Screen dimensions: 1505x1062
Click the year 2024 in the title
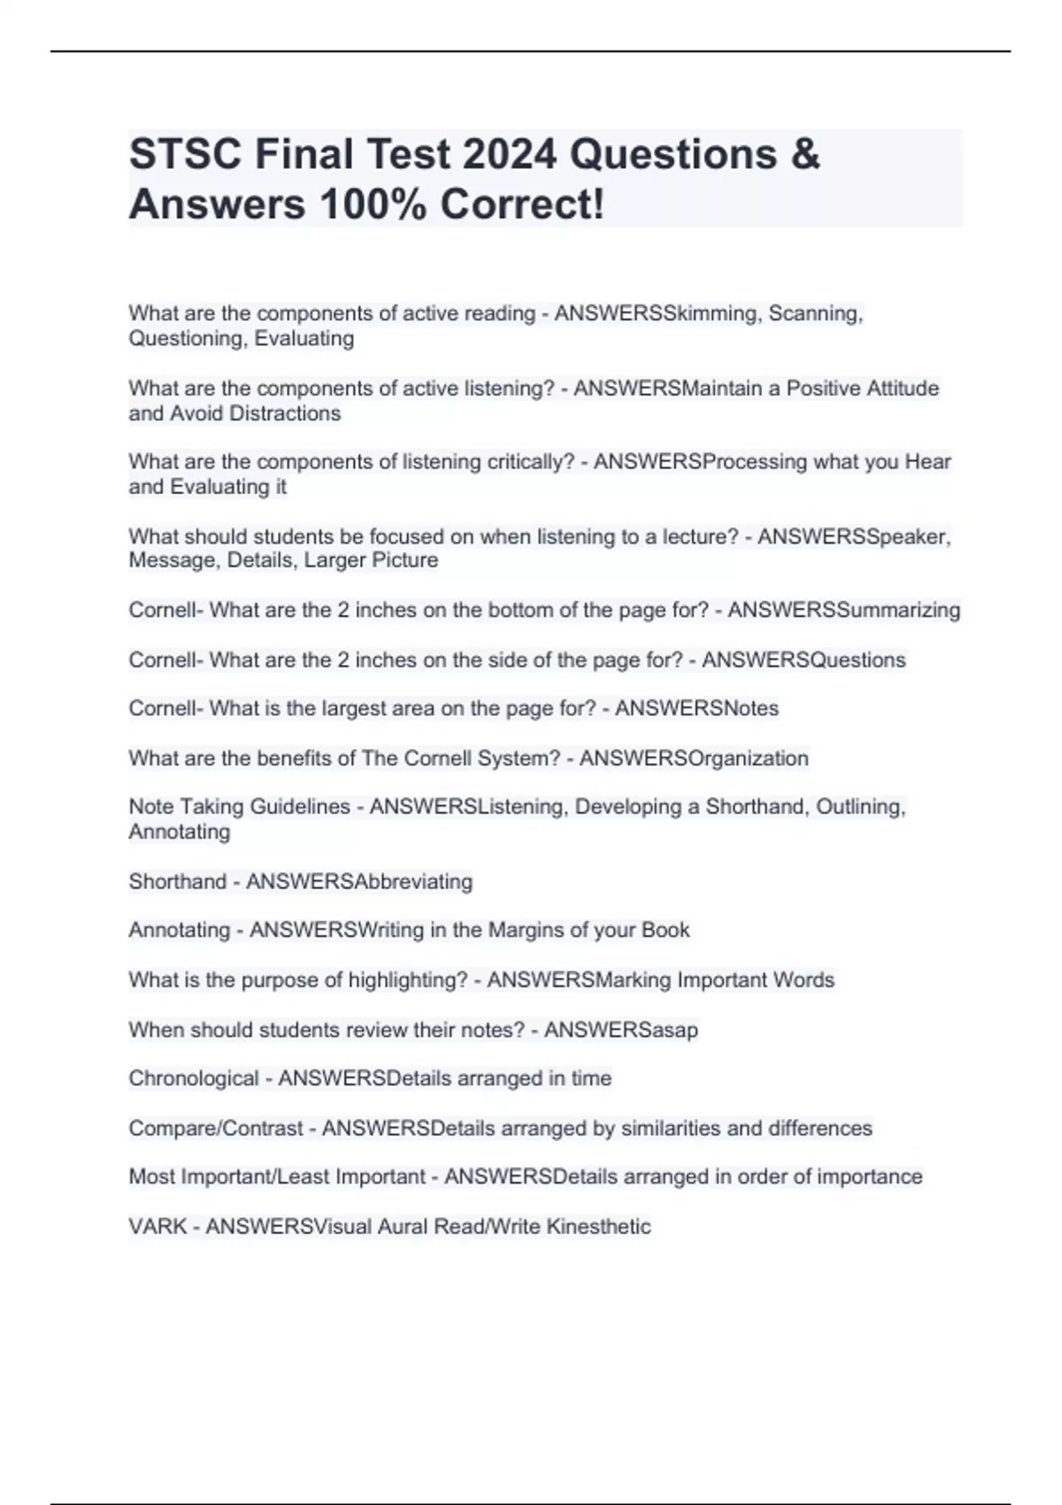[x=509, y=154]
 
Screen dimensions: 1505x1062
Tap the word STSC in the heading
[x=186, y=154]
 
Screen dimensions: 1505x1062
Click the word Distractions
[x=285, y=413]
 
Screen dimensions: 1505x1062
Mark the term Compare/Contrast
[x=216, y=1128]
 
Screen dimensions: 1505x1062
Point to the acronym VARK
[x=158, y=1226]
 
